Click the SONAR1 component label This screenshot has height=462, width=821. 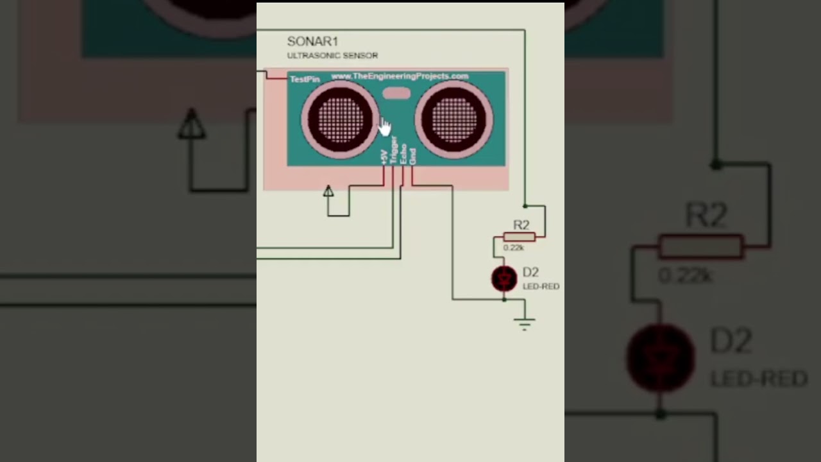point(312,42)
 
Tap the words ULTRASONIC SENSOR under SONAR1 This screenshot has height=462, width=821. point(332,56)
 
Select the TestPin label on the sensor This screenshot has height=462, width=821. point(305,80)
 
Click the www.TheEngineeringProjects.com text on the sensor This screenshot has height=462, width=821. point(400,76)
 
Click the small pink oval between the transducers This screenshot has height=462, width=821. point(396,94)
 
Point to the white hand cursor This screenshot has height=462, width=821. point(384,126)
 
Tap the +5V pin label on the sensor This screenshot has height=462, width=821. point(384,157)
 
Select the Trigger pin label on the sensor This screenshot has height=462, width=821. point(393,150)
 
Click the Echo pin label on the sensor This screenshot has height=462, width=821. point(403,154)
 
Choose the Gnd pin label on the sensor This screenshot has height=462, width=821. point(412,156)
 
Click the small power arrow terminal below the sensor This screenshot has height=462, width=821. point(328,191)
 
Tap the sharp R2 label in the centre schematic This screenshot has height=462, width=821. point(521,225)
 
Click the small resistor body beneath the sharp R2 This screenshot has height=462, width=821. point(519,237)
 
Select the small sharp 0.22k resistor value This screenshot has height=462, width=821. point(514,248)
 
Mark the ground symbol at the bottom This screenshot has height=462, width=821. point(525,323)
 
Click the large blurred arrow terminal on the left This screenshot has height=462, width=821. point(191,124)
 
